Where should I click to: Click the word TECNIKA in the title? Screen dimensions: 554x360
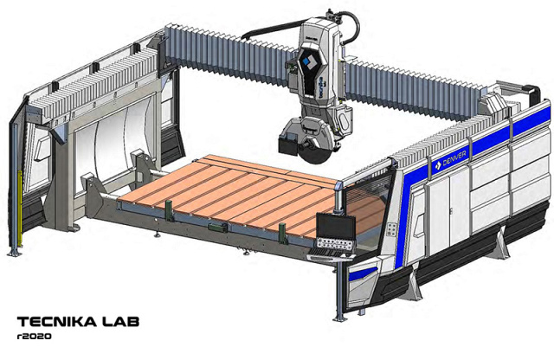click(x=57, y=322)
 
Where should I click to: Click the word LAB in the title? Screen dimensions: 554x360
click(x=120, y=322)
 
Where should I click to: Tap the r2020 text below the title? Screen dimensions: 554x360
click(x=34, y=337)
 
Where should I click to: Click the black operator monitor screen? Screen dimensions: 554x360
click(x=336, y=226)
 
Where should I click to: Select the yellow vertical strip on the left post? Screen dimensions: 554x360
click(x=20, y=209)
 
